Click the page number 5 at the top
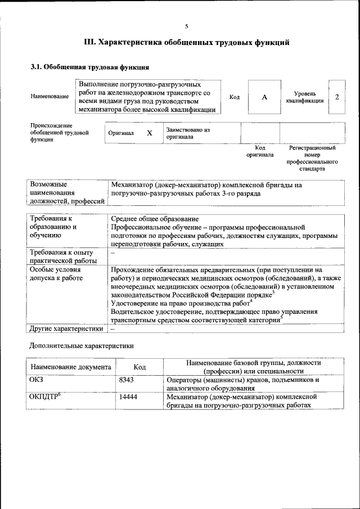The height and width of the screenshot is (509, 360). coord(187,26)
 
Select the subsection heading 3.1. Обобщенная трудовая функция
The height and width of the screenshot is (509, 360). coord(89,67)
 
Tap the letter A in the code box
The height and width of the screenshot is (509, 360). coord(264,97)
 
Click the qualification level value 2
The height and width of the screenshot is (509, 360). coord(337,97)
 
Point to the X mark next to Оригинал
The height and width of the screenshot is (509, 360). coord(150,133)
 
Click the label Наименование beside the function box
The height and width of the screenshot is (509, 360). coord(50,97)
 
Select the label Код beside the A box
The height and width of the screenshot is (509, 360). coord(235,97)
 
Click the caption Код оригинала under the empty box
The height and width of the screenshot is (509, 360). coord(260,151)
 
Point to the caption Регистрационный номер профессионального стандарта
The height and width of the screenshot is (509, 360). coord(312,158)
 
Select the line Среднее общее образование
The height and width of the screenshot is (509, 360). coord(155,219)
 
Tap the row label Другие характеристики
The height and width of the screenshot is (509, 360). coord(66,328)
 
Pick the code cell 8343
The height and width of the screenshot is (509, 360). coord(127,380)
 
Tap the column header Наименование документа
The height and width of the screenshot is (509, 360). coord(71,367)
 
